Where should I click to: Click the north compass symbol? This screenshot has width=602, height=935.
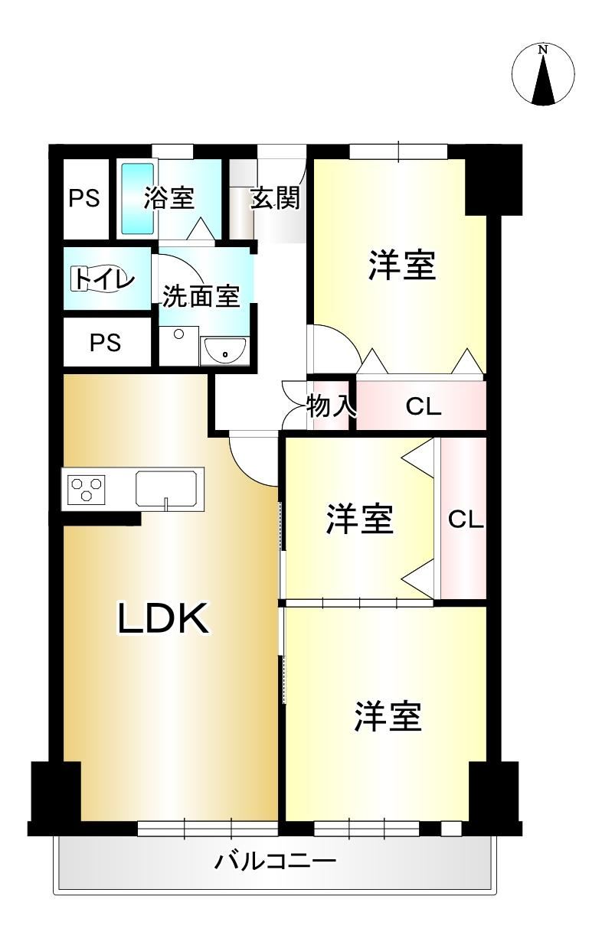(x=543, y=74)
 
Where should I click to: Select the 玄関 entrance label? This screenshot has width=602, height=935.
(x=276, y=198)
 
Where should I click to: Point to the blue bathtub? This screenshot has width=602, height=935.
(x=137, y=199)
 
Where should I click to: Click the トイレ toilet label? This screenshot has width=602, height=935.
(x=104, y=279)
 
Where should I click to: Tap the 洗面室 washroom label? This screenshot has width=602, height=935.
(x=201, y=296)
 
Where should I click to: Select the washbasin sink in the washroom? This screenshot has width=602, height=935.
(x=224, y=350)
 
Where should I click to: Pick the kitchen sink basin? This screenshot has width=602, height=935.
(x=166, y=488)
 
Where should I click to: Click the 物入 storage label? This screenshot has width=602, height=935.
(x=332, y=406)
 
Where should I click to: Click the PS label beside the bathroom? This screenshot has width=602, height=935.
(x=84, y=198)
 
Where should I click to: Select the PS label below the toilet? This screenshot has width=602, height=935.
(x=106, y=343)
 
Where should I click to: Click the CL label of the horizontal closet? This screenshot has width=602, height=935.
(x=424, y=406)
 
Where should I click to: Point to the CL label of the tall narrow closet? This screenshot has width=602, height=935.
(x=466, y=520)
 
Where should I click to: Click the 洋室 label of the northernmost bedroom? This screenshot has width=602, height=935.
(x=402, y=266)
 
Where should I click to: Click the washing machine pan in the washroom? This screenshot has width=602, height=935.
(x=178, y=346)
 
